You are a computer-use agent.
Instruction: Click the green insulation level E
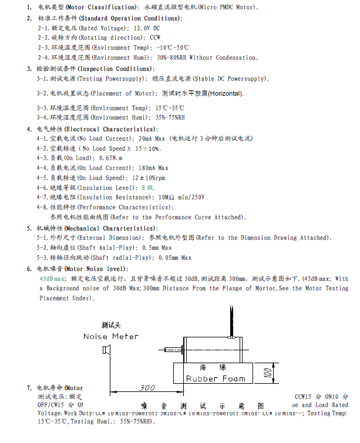point(143,187)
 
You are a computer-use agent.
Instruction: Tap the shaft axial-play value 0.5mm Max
point(140,248)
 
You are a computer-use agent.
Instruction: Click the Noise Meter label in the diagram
point(111,336)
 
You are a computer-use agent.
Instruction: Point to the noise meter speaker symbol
point(106,351)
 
